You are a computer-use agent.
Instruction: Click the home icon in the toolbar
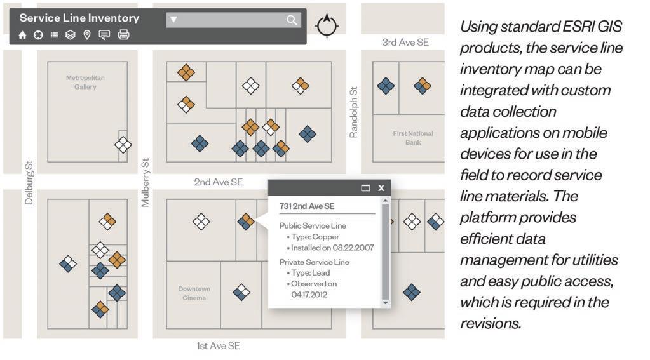pos(23,35)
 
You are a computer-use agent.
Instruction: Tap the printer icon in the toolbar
pos(123,35)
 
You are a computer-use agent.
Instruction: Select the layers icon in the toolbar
pos(70,35)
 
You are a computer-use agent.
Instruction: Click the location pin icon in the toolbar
pos(87,35)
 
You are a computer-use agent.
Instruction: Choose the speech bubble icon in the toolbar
pos(104,35)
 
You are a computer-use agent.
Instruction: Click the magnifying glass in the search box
pos(292,20)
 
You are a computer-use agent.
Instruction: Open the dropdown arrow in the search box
pos(173,20)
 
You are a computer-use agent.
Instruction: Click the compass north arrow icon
pos(327,25)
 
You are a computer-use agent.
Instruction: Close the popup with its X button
pos(381,188)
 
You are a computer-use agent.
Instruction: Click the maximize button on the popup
pos(365,188)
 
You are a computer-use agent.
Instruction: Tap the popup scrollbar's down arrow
pos(384,303)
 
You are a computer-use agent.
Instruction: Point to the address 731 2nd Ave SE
pos(307,206)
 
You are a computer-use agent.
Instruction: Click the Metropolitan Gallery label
pos(85,83)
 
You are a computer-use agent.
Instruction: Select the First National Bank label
pos(412,138)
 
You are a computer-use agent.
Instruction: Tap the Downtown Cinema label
pos(194,293)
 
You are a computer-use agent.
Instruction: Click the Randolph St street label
pos(354,112)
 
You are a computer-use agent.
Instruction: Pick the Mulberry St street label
pos(146,183)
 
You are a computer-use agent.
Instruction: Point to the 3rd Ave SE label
pos(405,43)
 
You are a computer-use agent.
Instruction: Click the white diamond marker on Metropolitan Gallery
pos(123,145)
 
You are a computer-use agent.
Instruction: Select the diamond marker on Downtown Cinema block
pos(241,292)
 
